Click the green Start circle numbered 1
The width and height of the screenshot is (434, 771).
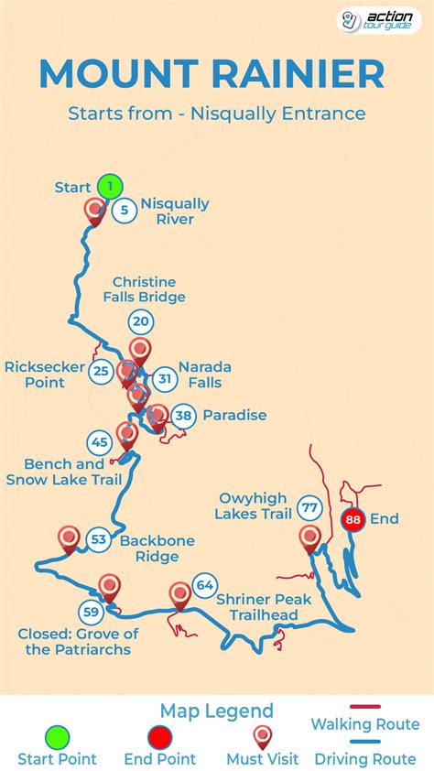[110, 187]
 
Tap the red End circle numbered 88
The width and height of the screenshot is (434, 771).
[353, 520]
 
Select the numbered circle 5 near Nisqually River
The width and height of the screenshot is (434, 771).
[125, 211]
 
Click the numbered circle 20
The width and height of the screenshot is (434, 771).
[140, 321]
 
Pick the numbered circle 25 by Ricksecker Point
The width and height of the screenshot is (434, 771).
[102, 371]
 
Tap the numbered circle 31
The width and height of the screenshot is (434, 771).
[164, 377]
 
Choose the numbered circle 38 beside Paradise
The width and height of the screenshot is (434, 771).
[184, 416]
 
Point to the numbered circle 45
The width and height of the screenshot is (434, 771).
[100, 442]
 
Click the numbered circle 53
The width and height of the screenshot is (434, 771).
[99, 540]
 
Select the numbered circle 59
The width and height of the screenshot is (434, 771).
[90, 612]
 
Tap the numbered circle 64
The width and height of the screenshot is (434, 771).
[204, 584]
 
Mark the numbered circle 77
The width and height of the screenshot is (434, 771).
[309, 507]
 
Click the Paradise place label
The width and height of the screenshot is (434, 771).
[234, 416]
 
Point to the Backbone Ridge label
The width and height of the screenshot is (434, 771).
[157, 548]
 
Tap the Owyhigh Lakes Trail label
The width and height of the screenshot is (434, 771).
[254, 506]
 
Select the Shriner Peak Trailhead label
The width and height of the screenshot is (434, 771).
[256, 606]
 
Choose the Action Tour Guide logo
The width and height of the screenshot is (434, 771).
[379, 20]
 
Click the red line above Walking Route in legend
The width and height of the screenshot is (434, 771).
[364, 708]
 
